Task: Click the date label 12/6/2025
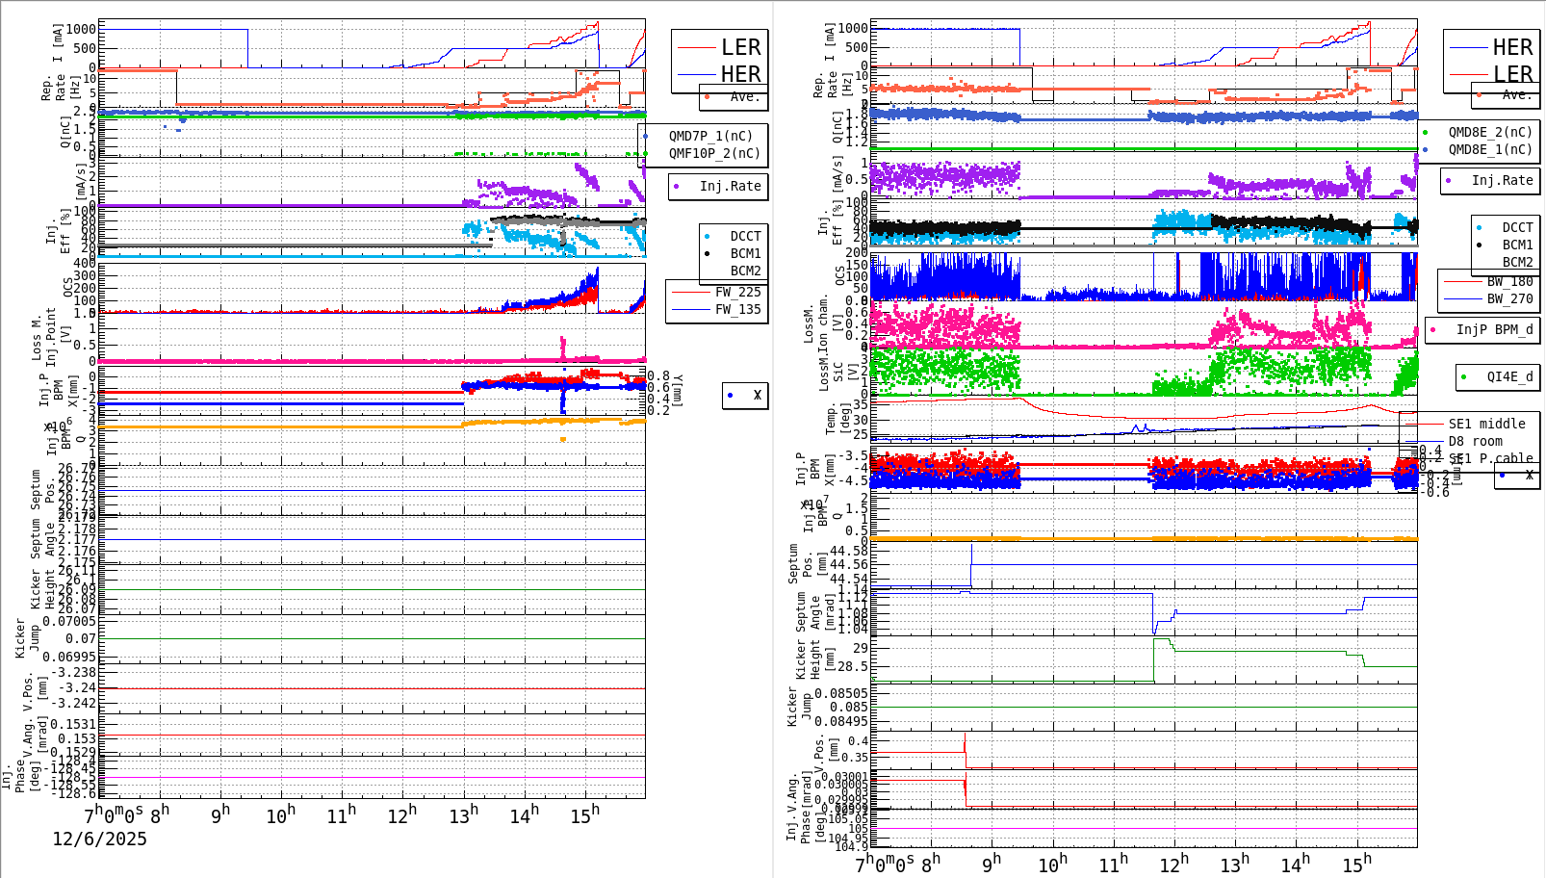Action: click(99, 839)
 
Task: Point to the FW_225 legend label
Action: click(737, 292)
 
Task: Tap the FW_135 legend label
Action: click(737, 309)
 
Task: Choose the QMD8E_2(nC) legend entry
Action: click(1489, 132)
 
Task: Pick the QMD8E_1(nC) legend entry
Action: click(1489, 149)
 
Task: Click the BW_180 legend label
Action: click(1509, 281)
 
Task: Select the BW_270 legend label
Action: click(1509, 298)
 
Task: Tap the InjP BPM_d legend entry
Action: click(1494, 329)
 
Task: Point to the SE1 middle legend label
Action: click(1486, 424)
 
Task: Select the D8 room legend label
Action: click(1475, 441)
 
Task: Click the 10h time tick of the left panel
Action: click(280, 816)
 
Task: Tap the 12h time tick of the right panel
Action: click(1172, 864)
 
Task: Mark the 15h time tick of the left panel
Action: click(584, 816)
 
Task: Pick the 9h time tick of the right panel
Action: click(991, 864)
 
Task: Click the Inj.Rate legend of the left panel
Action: click(730, 186)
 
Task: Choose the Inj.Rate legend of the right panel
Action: click(1502, 180)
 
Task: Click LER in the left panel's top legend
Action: click(740, 47)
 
